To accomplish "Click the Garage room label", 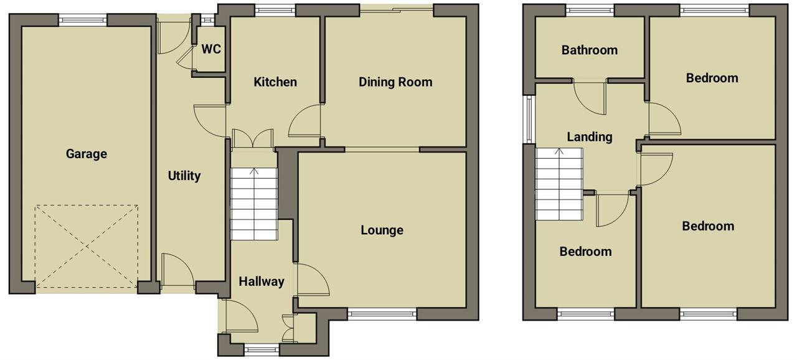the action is tap(87, 154).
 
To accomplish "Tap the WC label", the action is tap(211, 49).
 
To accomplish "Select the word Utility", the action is tap(184, 176).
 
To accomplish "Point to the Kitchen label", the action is tap(275, 82).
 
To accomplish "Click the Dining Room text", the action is tap(395, 82).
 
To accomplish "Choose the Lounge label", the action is tap(382, 230).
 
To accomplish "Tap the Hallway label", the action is tap(261, 282).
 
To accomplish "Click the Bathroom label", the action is tap(589, 50).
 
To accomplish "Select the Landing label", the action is tap(589, 137).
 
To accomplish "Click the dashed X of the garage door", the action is tap(87, 246).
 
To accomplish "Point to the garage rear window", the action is tap(83, 20).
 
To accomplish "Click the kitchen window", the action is tap(275, 11).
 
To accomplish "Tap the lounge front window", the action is tap(382, 314).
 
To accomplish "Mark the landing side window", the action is tap(529, 119).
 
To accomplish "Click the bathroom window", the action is tap(590, 11).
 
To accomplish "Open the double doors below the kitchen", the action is tap(253, 138).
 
